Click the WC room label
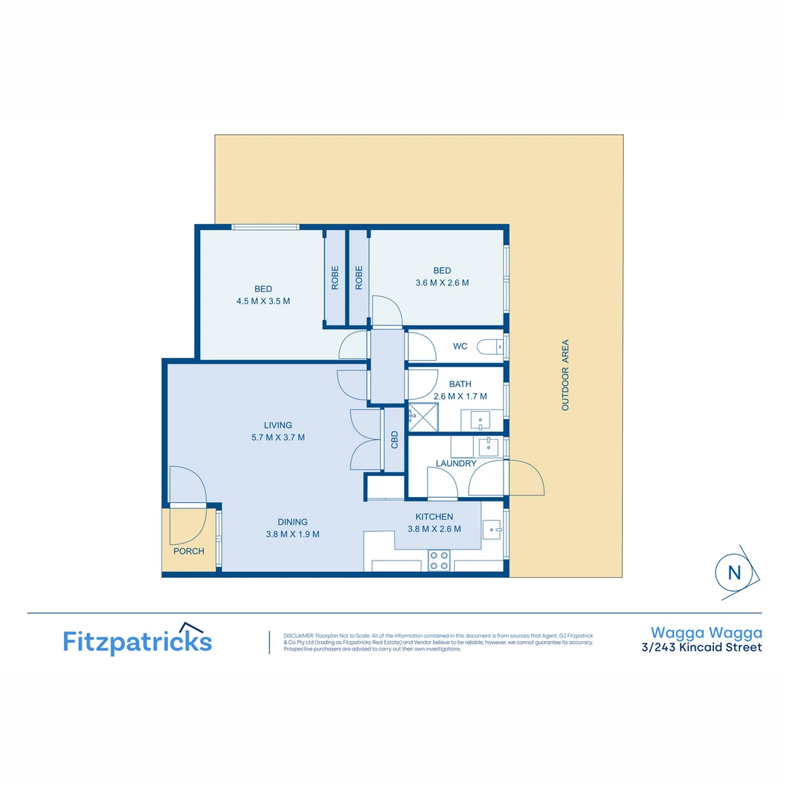pyautogui.click(x=460, y=346)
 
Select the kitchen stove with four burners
pyautogui.click(x=439, y=560)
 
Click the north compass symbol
pyautogui.click(x=734, y=572)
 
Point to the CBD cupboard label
pyautogui.click(x=394, y=439)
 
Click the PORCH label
pyautogui.click(x=188, y=551)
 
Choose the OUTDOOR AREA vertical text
pyautogui.click(x=565, y=376)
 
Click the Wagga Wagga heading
pyautogui.click(x=706, y=633)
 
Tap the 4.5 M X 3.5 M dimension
pyautogui.click(x=263, y=301)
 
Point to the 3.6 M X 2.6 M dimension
pyautogui.click(x=442, y=283)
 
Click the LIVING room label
pyautogui.click(x=278, y=425)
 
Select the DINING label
pyautogui.click(x=293, y=522)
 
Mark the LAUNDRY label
pyautogui.click(x=456, y=463)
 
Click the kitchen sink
pyautogui.click(x=492, y=529)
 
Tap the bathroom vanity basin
pyautogui.click(x=480, y=420)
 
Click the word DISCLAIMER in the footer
pyautogui.click(x=298, y=635)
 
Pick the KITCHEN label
pyautogui.click(x=434, y=517)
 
